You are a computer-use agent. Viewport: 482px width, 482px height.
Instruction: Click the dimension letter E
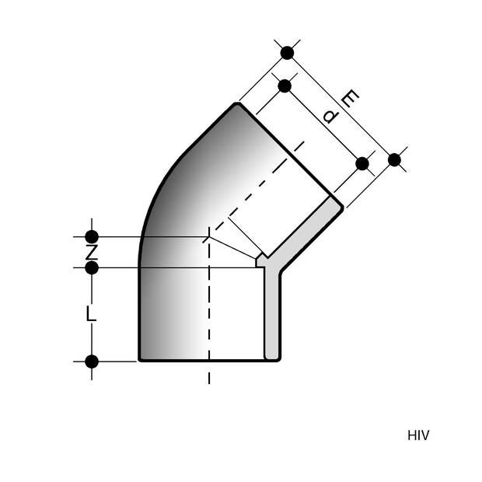(351, 100)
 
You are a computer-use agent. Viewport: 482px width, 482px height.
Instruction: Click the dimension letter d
(330, 117)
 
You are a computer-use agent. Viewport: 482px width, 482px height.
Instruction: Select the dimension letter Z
(91, 253)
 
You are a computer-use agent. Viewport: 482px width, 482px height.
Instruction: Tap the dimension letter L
(91, 314)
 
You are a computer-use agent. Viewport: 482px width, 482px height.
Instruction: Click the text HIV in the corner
(417, 435)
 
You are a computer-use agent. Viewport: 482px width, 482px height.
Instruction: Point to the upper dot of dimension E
(288, 53)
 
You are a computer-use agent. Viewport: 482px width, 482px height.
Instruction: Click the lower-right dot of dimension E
(394, 159)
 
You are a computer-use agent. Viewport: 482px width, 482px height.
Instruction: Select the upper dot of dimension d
(285, 86)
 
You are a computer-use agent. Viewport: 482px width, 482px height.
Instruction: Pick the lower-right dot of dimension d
(361, 163)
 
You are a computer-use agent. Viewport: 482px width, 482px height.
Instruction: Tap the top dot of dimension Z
(92, 236)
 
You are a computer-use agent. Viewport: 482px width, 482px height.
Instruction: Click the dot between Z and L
(92, 268)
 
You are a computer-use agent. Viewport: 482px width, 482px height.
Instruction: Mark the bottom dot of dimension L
(92, 361)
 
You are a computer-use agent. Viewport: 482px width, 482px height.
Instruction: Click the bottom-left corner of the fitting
(140, 361)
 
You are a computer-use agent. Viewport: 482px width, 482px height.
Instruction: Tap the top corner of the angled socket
(237, 103)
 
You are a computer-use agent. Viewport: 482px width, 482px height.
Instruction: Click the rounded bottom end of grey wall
(272, 358)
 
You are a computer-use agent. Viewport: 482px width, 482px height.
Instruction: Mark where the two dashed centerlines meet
(209, 236)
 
